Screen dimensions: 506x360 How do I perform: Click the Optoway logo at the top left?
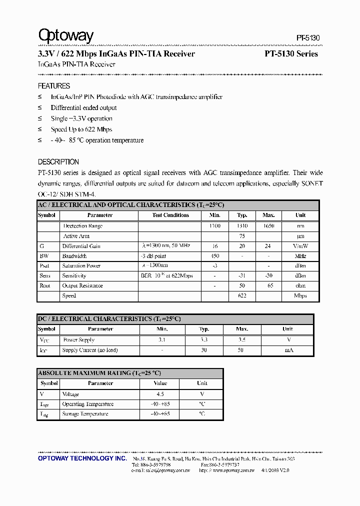point(66,36)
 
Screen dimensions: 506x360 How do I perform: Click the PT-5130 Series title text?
point(291,54)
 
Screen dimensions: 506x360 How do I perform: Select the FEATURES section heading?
point(54,86)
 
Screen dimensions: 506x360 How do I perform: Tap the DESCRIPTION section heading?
point(58,162)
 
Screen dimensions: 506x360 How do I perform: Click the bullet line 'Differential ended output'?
point(83,108)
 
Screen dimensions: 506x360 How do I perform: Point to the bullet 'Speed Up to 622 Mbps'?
point(81,129)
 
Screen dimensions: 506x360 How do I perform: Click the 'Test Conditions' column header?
point(170,215)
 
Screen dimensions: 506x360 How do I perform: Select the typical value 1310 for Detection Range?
point(242,226)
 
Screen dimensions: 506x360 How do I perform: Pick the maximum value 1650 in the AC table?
point(268,226)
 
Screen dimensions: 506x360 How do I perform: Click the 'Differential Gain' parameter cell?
point(81,246)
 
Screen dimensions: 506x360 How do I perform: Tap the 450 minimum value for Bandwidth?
point(215,256)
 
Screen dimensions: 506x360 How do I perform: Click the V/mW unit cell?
point(300,246)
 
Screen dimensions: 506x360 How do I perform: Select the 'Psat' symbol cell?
point(45,266)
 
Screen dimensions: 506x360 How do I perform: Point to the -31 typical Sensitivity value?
point(242,276)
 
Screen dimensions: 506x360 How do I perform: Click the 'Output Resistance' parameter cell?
point(82,286)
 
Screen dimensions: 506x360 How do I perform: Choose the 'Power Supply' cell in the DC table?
point(78,340)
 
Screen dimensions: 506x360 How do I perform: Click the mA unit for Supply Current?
point(288,350)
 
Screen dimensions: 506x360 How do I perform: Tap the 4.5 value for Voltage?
point(160,394)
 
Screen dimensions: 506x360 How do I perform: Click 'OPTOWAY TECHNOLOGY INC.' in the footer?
point(82,458)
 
